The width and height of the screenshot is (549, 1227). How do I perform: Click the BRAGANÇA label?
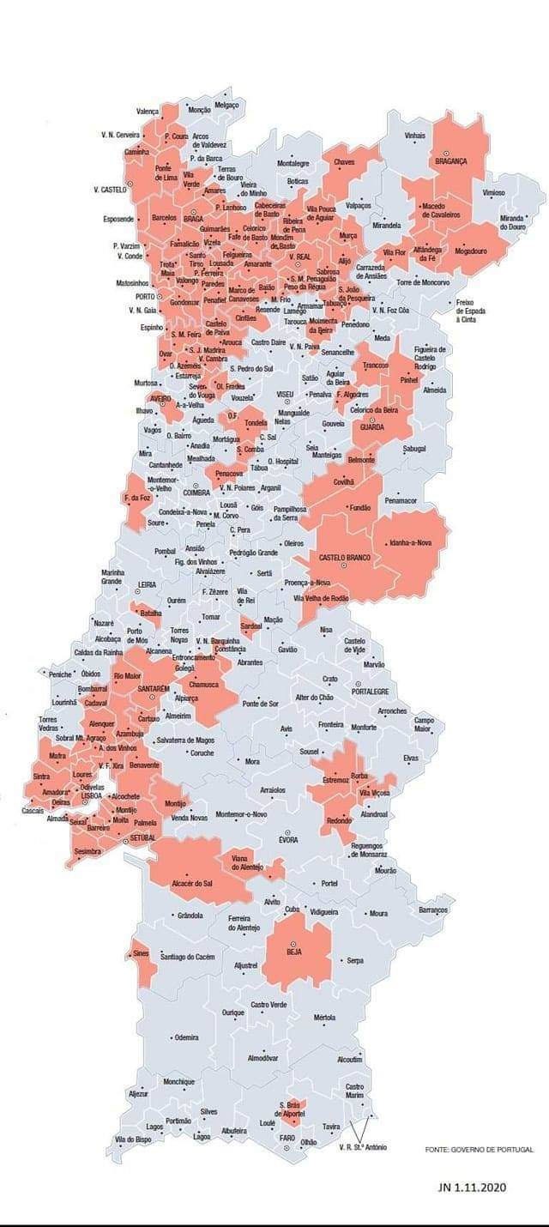450,160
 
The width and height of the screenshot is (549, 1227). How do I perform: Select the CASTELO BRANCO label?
344,558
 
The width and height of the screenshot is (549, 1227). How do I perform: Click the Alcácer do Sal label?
192,883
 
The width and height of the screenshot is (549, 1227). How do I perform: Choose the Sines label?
140,953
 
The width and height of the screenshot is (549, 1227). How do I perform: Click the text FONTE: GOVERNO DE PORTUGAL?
480,1149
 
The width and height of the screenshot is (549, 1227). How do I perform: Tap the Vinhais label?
415,136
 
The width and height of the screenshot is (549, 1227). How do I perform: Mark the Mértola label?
324,1018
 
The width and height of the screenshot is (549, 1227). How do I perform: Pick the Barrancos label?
433,910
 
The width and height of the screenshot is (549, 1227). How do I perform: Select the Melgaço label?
226,105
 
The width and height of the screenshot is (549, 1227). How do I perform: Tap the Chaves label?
344,161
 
